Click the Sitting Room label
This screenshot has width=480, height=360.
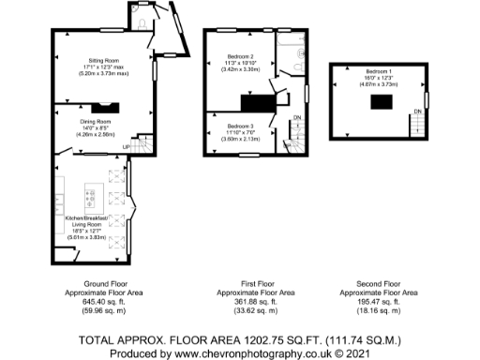[100, 59]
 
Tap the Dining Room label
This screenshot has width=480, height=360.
[97, 121]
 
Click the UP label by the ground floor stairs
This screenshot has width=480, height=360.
[125, 147]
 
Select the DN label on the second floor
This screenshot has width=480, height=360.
[417, 112]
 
